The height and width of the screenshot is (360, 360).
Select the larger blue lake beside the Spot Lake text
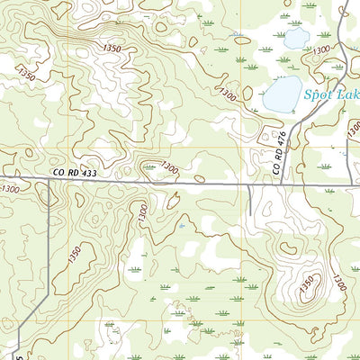pos(283,94)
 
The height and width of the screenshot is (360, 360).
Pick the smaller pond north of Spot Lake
pos(296,39)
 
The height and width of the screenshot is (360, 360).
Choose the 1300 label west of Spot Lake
pos(229,94)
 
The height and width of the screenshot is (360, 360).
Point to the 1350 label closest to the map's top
pos(112,48)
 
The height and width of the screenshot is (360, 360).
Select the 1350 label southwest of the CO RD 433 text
pos(73,254)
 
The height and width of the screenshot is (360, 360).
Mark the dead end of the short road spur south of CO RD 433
pos(249,216)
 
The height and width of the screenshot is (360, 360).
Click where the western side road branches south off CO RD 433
pos(47,179)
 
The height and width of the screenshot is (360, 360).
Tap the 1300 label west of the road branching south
pos(11,188)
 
